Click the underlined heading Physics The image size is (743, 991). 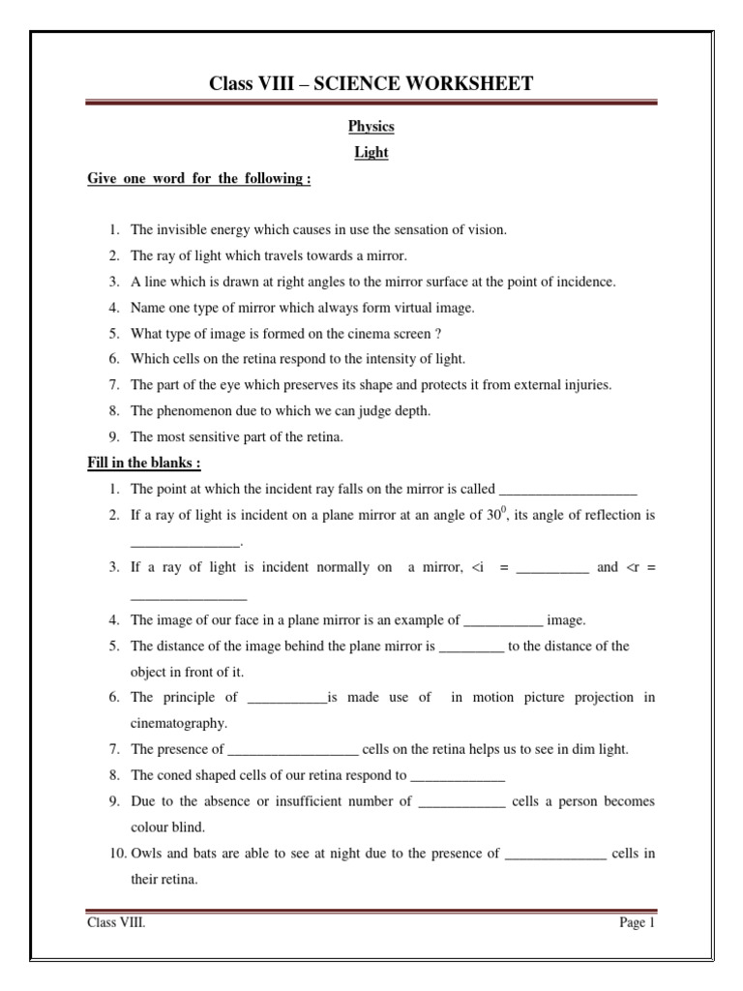coord(371,127)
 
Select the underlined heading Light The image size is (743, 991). coord(371,153)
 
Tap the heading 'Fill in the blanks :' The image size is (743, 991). coord(144,463)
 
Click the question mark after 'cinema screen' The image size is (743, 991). coord(438,333)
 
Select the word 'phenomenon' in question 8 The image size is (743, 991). coord(188,410)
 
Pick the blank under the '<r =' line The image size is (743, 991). coord(189,594)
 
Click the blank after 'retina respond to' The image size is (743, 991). coord(458,776)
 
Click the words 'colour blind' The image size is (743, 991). coord(167,827)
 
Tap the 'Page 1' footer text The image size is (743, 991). coord(638,923)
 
